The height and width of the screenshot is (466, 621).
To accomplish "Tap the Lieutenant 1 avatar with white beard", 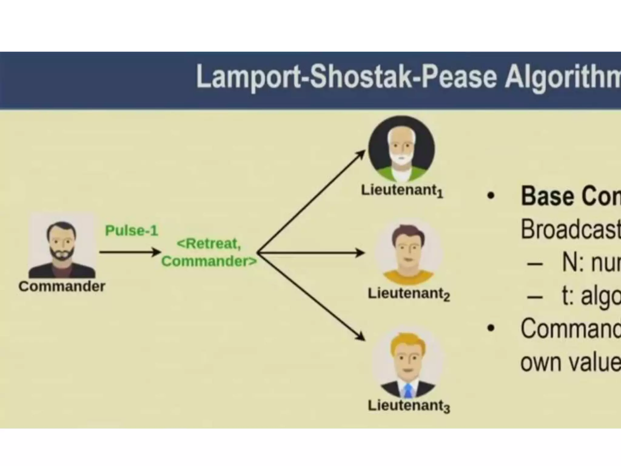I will coord(401,149).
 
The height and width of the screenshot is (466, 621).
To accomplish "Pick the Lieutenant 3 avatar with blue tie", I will coord(408,364).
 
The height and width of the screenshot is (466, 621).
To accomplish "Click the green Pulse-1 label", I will coord(132,231).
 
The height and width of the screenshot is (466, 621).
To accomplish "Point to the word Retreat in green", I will coord(209,244).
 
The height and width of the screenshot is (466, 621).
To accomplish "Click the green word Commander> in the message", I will coord(209,261).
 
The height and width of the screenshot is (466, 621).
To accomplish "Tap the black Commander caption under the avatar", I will coord(62,286).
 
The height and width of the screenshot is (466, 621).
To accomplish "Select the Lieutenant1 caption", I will coord(402,191).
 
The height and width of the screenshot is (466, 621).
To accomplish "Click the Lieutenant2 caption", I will coord(409,294).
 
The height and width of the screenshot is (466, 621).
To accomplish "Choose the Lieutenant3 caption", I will coord(409,406).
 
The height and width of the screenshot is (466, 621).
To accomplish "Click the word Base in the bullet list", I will coord(546,196).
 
